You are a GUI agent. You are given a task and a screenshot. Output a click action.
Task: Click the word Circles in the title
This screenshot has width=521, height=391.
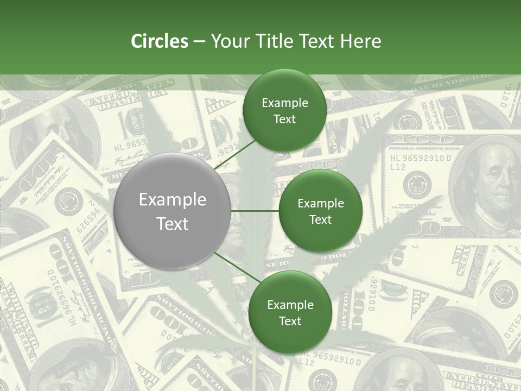click(160, 41)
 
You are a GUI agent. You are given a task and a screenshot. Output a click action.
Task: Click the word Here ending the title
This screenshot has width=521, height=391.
click(360, 41)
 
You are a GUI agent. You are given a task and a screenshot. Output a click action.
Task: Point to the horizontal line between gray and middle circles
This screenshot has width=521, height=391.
click(255, 211)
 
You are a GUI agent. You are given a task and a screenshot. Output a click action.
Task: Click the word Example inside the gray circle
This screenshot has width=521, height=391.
click(173, 199)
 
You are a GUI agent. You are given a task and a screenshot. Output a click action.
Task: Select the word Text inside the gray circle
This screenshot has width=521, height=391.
click(173, 224)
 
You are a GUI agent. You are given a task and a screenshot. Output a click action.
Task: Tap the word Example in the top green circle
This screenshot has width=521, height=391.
click(285, 103)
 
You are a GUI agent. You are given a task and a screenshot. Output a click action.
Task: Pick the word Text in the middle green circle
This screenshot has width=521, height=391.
click(320, 219)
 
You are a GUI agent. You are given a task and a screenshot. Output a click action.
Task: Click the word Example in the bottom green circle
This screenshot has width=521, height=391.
click(290, 305)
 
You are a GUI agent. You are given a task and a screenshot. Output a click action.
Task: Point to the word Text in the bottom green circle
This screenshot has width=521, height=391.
click(290, 321)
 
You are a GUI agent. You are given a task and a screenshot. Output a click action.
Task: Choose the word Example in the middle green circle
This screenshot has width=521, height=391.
click(321, 203)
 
